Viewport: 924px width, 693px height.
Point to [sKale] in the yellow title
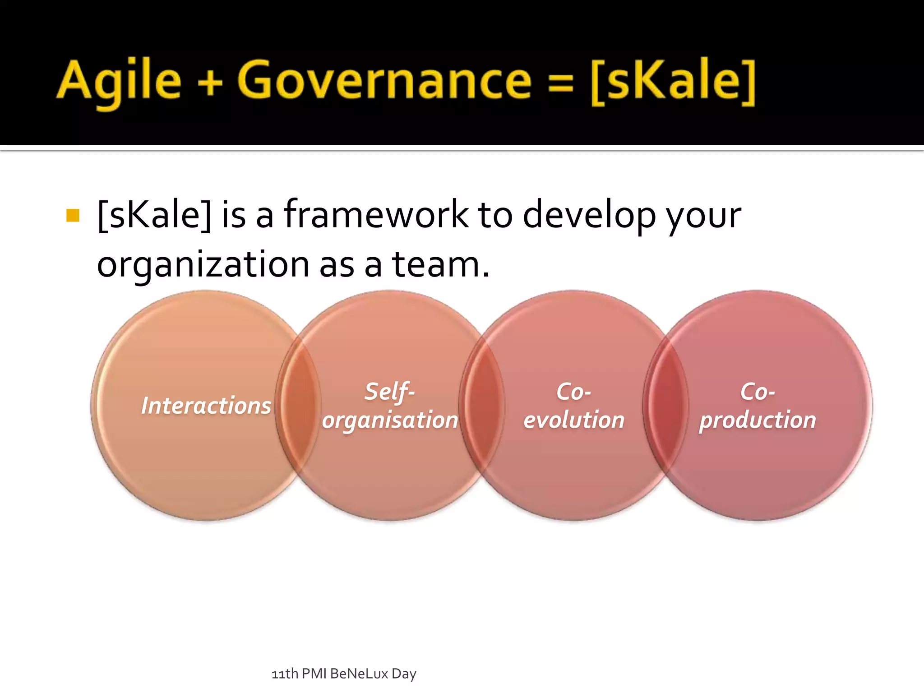pos(673,81)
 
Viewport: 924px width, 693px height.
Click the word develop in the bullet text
pos(589,216)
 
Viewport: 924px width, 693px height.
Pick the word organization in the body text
pos(203,265)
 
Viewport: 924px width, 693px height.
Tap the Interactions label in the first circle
pos(206,405)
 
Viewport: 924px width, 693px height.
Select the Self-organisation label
pos(390,406)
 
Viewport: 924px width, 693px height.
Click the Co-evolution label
pos(573,406)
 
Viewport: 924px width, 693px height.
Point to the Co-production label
pos(758,406)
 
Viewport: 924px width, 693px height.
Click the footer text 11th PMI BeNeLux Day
pos(344,674)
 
